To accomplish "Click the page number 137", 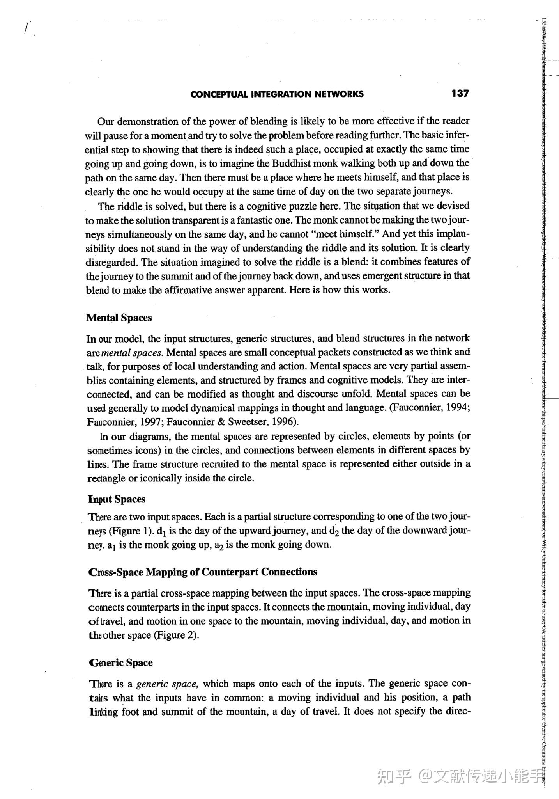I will coord(460,93).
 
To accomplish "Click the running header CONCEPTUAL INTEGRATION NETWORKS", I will coord(277,94).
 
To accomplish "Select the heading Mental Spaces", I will coord(119,318).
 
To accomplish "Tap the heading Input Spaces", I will coord(116,499).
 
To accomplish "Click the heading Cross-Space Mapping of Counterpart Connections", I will coord(203,572).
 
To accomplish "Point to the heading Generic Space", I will coord(120,662).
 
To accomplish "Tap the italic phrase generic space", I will coord(168,684).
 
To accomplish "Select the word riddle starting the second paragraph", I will coord(129,206).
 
